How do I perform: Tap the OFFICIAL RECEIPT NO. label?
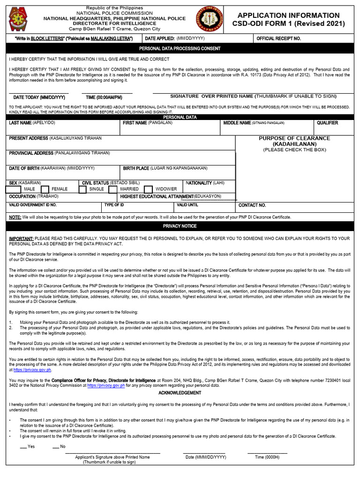278,38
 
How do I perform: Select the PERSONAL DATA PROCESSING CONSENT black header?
180,48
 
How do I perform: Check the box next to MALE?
12,189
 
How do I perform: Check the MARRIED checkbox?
112,189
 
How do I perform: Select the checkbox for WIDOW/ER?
148,189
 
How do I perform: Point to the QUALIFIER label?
327,123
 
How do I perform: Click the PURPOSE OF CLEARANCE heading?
294,141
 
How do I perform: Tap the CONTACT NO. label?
252,205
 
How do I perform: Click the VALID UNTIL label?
187,205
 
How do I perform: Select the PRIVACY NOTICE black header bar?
180,226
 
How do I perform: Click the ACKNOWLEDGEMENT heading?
180,393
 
